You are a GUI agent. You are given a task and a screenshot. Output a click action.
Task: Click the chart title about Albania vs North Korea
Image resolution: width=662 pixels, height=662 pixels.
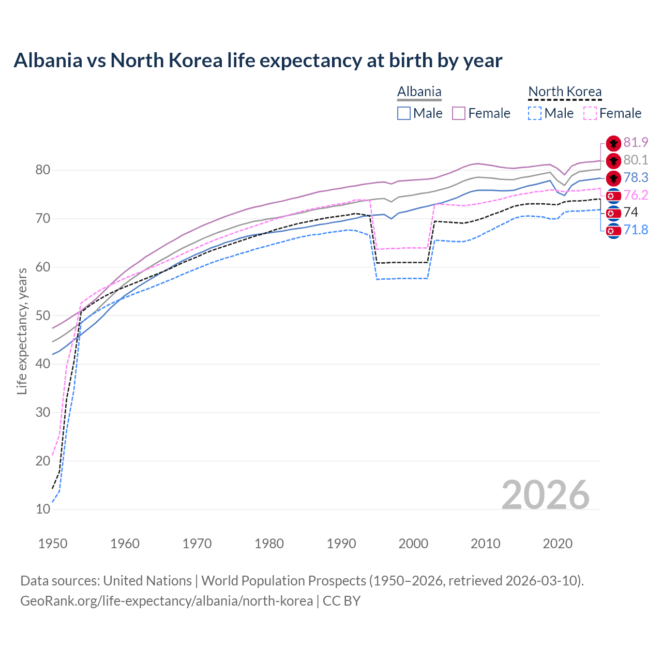258,61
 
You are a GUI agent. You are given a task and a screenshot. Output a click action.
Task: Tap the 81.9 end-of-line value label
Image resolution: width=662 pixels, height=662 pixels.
636,142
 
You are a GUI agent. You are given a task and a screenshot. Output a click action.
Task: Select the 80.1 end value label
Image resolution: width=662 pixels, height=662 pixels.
636,160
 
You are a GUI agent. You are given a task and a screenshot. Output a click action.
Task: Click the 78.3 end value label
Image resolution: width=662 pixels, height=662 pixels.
636,177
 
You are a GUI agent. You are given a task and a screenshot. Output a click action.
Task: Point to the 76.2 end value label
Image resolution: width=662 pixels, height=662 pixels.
636,195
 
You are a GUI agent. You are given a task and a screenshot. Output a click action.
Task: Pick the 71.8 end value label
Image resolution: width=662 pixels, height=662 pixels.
636,230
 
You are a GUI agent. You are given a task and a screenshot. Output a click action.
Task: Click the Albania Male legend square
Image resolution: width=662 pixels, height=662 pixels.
404,113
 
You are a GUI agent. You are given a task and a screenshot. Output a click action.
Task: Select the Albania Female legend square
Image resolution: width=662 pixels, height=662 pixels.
459,113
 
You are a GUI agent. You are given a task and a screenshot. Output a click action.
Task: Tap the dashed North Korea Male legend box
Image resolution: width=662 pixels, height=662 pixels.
535,113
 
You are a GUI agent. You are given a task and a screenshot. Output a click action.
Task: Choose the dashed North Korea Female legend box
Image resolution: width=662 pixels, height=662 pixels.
590,113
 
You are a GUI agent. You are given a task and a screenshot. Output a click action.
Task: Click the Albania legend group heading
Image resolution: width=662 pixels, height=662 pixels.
419,92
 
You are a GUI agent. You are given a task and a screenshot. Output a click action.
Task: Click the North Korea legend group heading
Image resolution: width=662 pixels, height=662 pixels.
565,92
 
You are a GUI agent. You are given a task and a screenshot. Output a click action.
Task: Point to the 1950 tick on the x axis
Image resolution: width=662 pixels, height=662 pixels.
53,544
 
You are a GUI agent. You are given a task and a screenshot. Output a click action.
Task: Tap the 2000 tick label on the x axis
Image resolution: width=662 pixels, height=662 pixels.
413,544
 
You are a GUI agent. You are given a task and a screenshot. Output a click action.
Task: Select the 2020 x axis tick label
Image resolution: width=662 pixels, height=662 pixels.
558,544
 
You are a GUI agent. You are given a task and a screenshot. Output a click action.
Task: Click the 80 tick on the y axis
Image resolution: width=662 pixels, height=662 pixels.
43,170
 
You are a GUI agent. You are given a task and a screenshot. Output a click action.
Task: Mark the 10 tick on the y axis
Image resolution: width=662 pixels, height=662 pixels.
43,509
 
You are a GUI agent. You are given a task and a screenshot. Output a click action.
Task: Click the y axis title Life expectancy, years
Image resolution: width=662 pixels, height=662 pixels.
22,331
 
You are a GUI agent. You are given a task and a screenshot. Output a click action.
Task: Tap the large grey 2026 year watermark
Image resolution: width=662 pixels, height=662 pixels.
545,495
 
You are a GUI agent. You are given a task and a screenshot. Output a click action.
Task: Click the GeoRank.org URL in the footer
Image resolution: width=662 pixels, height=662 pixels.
166,601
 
